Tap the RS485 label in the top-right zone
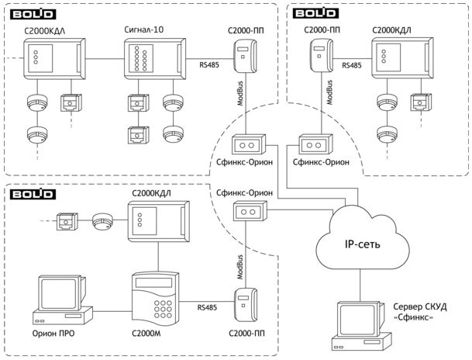[352, 67]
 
